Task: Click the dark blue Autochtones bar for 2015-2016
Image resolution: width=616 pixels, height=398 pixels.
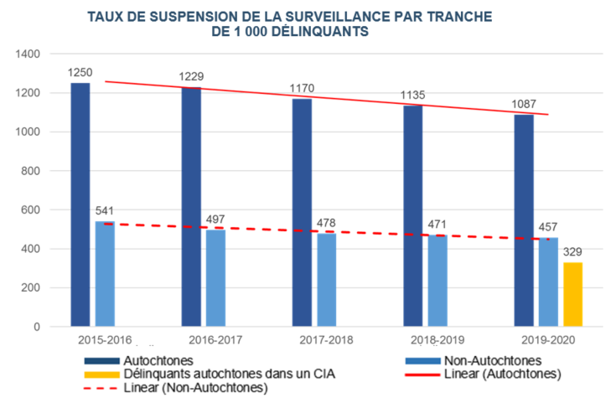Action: point(80,204)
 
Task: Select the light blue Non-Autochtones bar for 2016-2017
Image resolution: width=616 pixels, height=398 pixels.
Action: point(215,277)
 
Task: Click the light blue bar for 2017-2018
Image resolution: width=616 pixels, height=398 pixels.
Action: point(326,280)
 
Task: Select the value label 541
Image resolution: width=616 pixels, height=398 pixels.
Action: point(106,212)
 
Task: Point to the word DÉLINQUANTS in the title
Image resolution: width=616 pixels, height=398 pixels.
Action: point(317,32)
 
